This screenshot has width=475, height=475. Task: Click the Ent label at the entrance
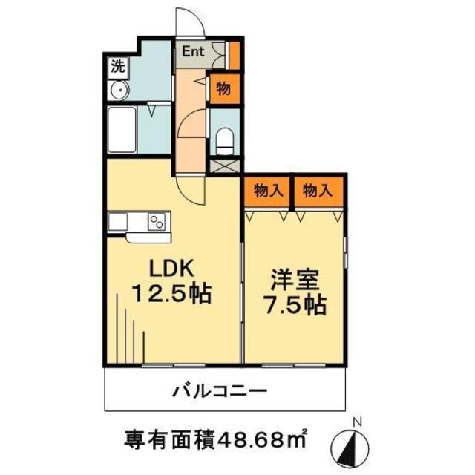pyautogui.click(x=194, y=53)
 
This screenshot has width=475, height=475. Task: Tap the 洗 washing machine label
pyautogui.click(x=117, y=65)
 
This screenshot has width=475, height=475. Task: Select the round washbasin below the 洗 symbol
pyautogui.click(x=118, y=91)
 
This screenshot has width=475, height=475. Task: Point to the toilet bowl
pyautogui.click(x=224, y=139)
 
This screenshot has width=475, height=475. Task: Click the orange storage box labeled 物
pyautogui.click(x=223, y=89)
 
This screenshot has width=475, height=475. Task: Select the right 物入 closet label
pyautogui.click(x=318, y=190)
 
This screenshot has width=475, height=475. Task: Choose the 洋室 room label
pyautogui.click(x=295, y=281)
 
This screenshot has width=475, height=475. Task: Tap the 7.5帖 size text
pyautogui.click(x=295, y=304)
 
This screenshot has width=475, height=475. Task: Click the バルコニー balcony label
pyautogui.click(x=220, y=391)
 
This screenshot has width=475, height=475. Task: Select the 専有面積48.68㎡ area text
pyautogui.click(x=215, y=441)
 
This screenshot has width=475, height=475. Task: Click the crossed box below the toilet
pyautogui.click(x=224, y=165)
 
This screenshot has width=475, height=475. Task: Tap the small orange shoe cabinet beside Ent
pyautogui.click(x=234, y=56)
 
